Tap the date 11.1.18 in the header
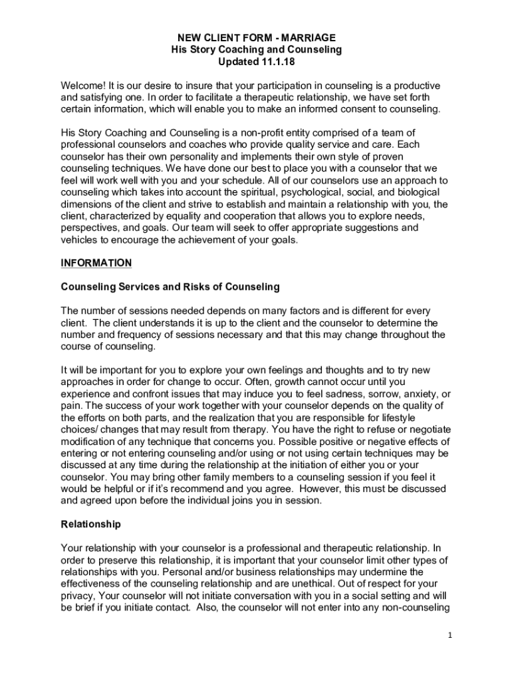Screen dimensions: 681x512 [275, 62]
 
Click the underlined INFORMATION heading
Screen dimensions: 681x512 [96, 263]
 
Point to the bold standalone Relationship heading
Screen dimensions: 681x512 [91, 524]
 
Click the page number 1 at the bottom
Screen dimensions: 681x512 [450, 636]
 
